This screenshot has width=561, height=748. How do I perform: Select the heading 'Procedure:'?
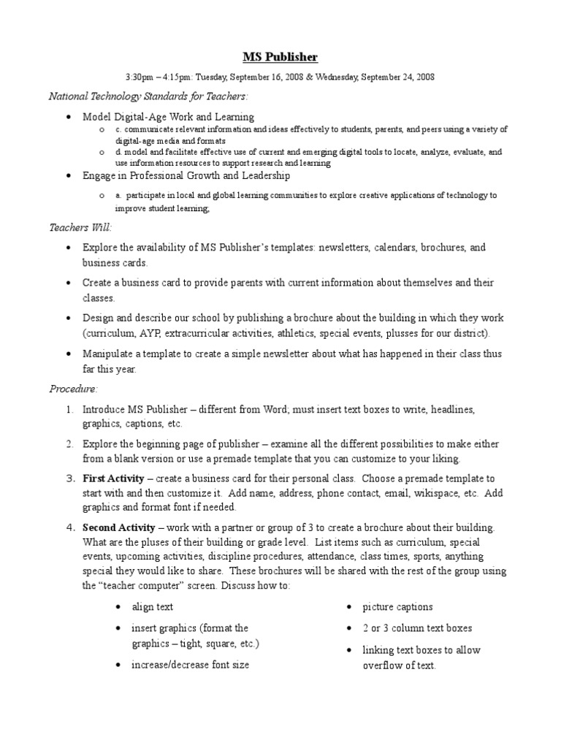pyautogui.click(x=73, y=389)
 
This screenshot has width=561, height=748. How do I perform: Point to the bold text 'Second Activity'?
pyautogui.click(x=118, y=527)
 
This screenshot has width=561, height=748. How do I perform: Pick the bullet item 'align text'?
pyautogui.click(x=152, y=607)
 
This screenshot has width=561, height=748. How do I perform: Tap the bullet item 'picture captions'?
pyautogui.click(x=397, y=607)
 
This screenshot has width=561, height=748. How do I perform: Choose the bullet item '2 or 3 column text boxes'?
pyautogui.click(x=417, y=628)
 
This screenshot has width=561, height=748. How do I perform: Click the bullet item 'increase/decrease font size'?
pyautogui.click(x=190, y=665)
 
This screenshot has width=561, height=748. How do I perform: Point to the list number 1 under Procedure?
pyautogui.click(x=68, y=410)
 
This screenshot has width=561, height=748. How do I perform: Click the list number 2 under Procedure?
pyautogui.click(x=68, y=443)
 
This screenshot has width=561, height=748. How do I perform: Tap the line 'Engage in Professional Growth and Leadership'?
pyautogui.click(x=186, y=176)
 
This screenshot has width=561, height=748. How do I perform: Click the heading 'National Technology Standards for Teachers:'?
pyautogui.click(x=148, y=96)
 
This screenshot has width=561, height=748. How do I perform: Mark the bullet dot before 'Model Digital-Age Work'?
pyautogui.click(x=68, y=117)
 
